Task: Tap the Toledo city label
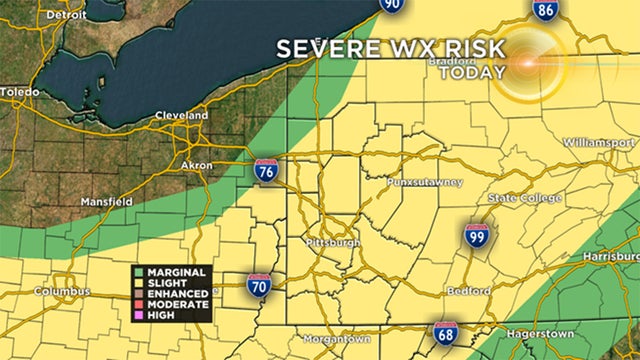tap(20, 91)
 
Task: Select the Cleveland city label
tap(180, 116)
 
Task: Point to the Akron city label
tap(197, 164)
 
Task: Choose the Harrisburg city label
tap(608, 258)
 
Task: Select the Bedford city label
tap(469, 292)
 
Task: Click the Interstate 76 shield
tap(266, 171)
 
